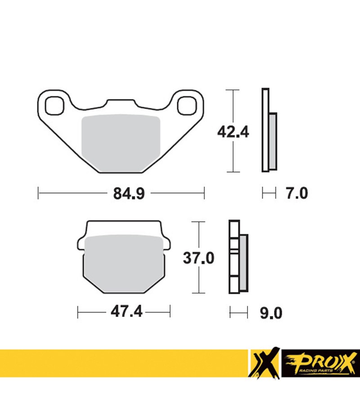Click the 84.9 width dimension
coord(129,193)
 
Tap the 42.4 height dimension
coord(233,132)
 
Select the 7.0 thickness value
coord(297,193)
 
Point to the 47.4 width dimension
coord(126,312)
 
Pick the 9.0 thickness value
coord(271,313)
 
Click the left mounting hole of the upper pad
coord(54,105)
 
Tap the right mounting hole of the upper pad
coord(187,105)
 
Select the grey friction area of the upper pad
coord(121,143)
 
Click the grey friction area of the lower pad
coord(124,264)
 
